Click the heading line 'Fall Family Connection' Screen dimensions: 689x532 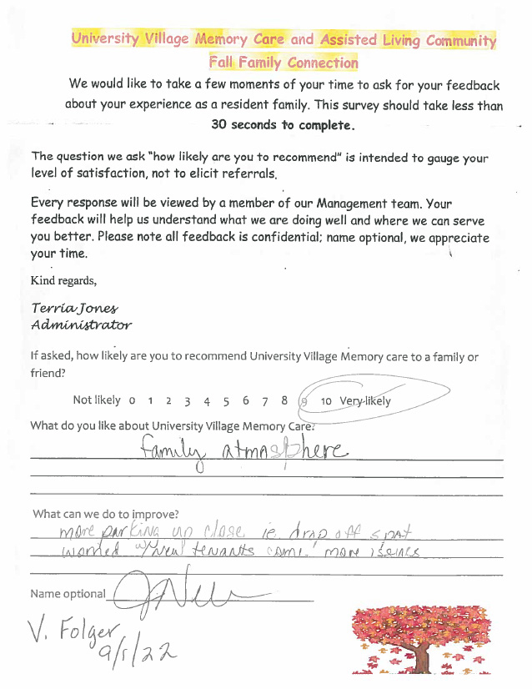tap(284, 63)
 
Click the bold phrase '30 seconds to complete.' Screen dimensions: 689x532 tap(284, 125)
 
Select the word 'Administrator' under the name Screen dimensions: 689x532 tap(81, 325)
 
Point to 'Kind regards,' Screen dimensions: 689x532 tap(63, 280)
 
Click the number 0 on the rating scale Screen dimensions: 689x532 tap(132, 401)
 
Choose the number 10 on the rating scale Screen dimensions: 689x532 tap(326, 401)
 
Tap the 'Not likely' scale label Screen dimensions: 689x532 tap(97, 400)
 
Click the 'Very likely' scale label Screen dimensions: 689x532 tap(365, 401)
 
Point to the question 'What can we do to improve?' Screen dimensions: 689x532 tap(105, 514)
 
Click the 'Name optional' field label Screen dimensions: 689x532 tap(68, 594)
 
